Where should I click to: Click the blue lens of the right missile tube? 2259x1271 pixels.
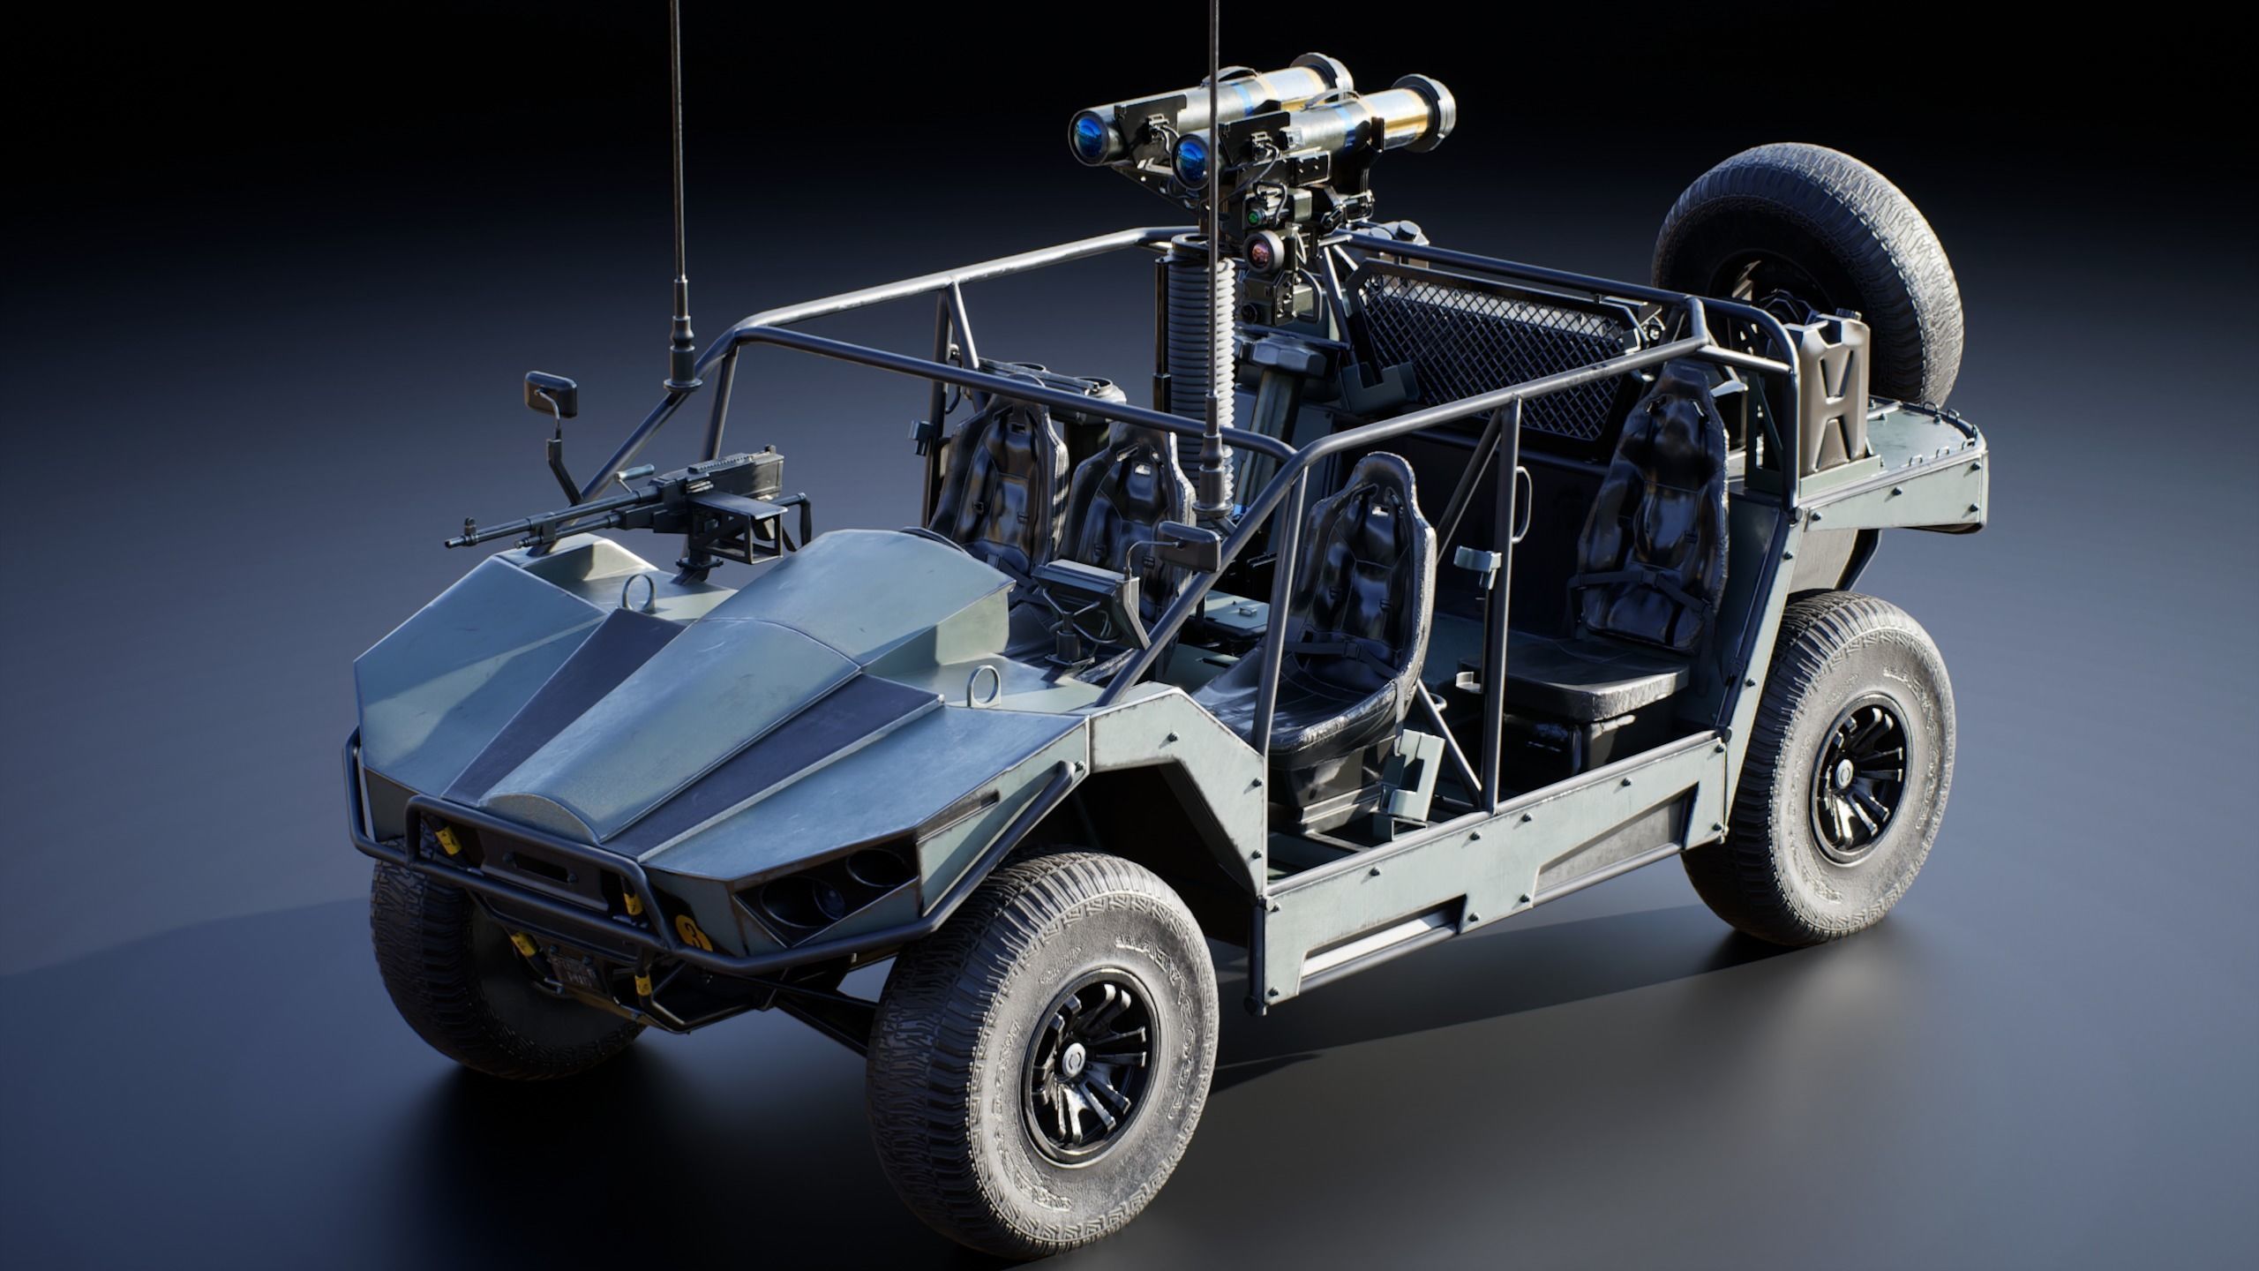(x=1191, y=154)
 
